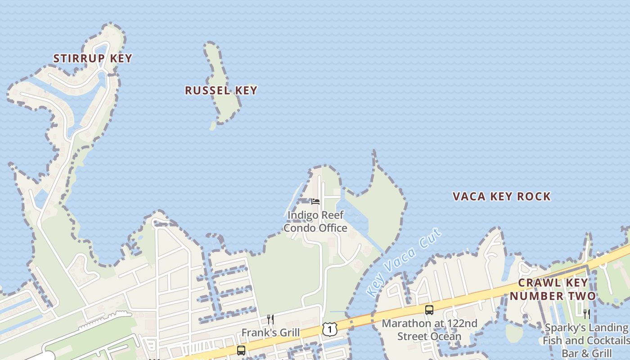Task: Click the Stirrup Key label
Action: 93,58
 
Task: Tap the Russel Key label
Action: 221,90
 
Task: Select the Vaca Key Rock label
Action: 501,197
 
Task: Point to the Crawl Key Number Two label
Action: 553,289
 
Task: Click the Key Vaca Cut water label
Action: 404,262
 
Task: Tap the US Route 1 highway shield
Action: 330,329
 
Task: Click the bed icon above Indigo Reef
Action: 315,202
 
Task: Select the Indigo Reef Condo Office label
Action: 315,221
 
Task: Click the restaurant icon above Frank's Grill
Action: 270,319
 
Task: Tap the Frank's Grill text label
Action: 270,333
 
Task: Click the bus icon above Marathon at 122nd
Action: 429,310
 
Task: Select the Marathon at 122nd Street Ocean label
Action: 429,330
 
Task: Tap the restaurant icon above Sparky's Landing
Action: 587,314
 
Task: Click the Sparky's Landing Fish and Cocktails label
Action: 586,340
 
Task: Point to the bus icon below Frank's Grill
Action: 241,350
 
